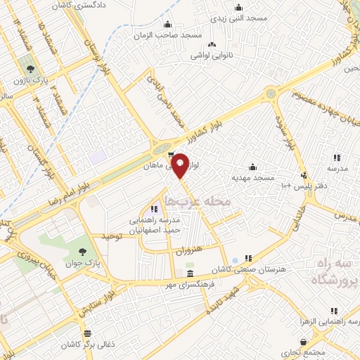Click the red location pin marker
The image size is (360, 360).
(x=181, y=165)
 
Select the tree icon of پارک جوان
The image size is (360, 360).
(x=84, y=252)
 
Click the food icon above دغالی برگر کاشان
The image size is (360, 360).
(x=87, y=334)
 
